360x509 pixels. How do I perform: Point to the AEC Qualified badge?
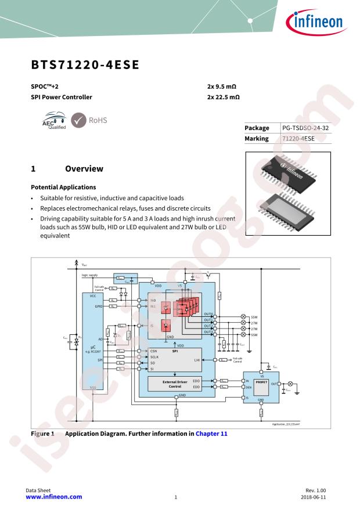pyautogui.click(x=53, y=122)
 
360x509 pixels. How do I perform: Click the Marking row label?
pyautogui.click(x=257, y=139)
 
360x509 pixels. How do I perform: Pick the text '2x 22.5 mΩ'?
pyautogui.click(x=224, y=97)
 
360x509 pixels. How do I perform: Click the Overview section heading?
pyautogui.click(x=84, y=169)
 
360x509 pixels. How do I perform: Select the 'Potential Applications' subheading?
pyautogui.click(x=63, y=187)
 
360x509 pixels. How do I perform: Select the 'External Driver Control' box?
pyautogui.click(x=175, y=384)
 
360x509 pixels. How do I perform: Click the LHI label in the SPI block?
pyautogui.click(x=197, y=360)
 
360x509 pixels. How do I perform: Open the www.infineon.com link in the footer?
pyautogui.click(x=54, y=497)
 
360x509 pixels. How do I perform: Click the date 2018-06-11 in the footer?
pyautogui.click(x=321, y=497)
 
